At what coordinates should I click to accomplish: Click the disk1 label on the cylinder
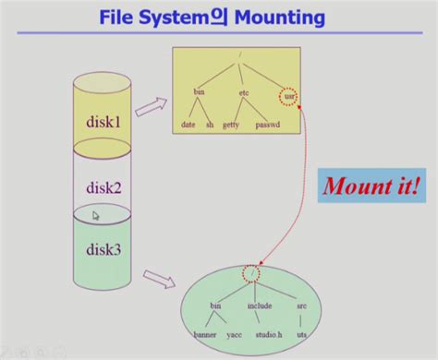pos(104,120)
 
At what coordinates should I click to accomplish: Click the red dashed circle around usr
pos(288,94)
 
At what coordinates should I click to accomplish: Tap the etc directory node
pos(244,93)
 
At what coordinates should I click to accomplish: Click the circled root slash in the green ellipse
pos(250,273)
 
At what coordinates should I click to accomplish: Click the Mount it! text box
pos(371,187)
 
